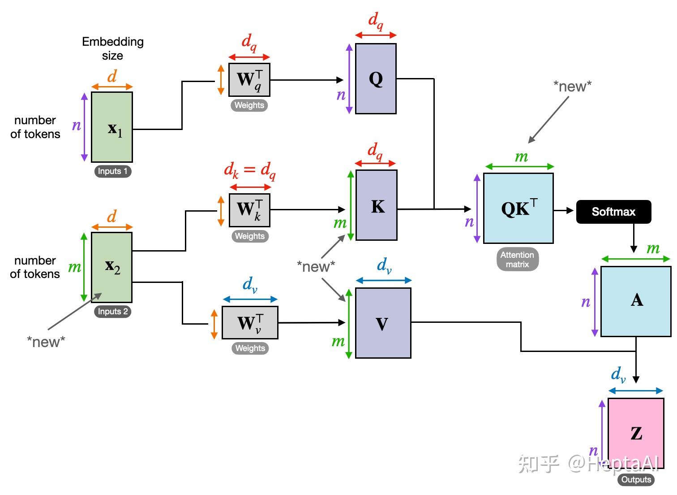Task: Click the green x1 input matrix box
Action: (x=112, y=127)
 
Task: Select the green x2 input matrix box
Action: (x=112, y=267)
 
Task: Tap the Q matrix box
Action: (x=376, y=79)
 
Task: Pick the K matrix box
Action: (x=377, y=205)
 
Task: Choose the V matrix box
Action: (x=383, y=323)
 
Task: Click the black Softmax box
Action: (x=613, y=212)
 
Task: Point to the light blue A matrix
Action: (x=636, y=301)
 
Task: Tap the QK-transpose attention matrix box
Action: (x=518, y=208)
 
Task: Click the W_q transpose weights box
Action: (x=249, y=80)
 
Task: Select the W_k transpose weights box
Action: (x=249, y=210)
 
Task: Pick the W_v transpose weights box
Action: (x=250, y=322)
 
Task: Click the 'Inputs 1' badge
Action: (x=113, y=171)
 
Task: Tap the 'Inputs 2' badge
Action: (x=113, y=312)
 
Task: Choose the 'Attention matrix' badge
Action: (x=518, y=260)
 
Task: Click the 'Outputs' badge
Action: (x=636, y=480)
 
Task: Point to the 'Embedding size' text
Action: (x=113, y=48)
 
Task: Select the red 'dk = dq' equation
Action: (x=250, y=171)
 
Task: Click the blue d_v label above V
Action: (x=384, y=266)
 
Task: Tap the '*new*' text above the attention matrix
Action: (x=572, y=87)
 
